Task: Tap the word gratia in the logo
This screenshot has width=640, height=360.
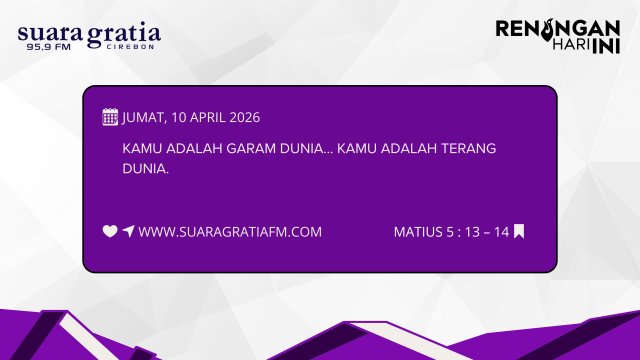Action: tap(123, 36)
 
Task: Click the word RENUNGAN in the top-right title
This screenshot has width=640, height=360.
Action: tap(558, 29)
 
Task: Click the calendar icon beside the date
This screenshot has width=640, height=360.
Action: tap(110, 116)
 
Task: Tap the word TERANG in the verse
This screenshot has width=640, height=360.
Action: tap(460, 148)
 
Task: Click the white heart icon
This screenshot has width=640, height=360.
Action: tap(110, 231)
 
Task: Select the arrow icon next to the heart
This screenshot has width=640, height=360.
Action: tap(128, 231)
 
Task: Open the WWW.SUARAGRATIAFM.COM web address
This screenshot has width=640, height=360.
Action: tap(230, 232)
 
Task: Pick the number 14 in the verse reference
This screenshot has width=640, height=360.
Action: tap(501, 232)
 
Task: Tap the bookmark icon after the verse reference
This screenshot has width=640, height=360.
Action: tap(519, 231)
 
